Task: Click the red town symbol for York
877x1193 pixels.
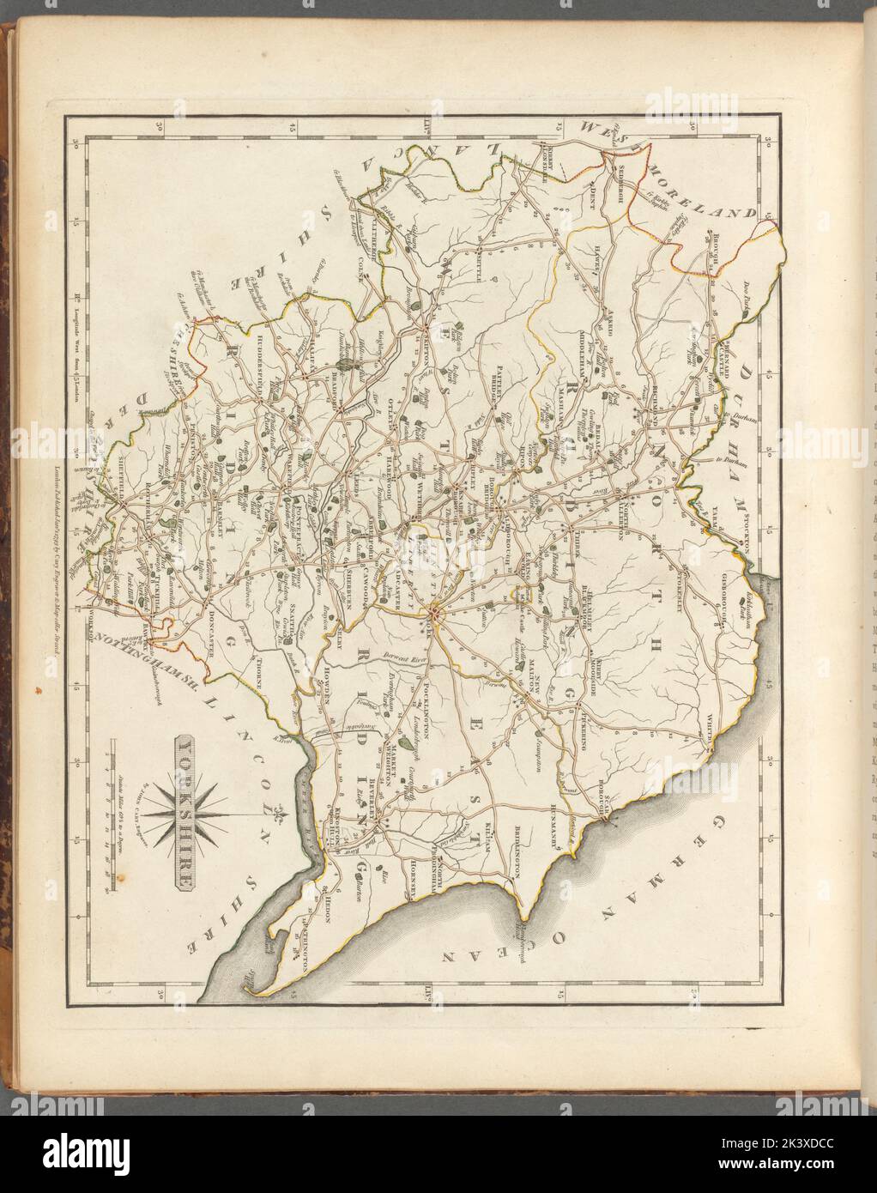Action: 434,612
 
